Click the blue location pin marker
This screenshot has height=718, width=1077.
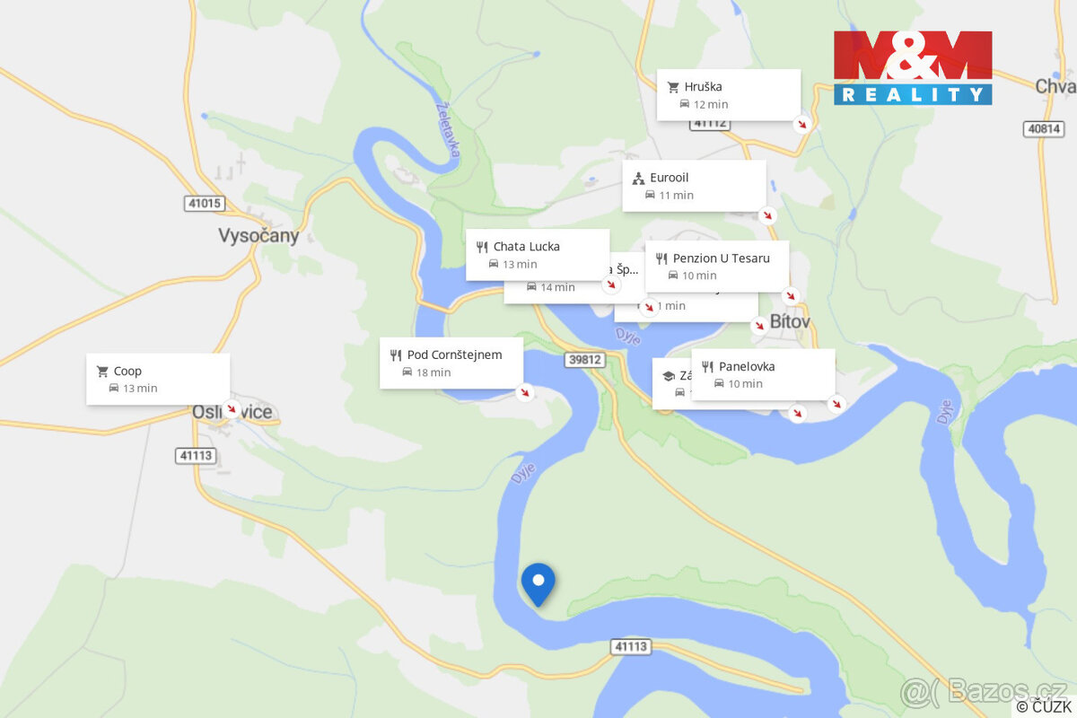pos(538,583)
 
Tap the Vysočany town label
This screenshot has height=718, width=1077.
pos(258,236)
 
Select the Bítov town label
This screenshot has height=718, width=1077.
pos(790,322)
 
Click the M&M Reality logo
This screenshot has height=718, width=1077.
pos(913,68)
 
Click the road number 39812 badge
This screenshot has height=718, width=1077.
pos(585,360)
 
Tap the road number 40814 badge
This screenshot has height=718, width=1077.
pos(1044,129)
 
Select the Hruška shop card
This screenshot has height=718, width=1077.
pos(728,94)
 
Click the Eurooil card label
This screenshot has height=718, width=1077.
pos(670,178)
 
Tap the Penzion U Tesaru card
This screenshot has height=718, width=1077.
pos(716,266)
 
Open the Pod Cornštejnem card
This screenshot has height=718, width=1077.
pos(451,363)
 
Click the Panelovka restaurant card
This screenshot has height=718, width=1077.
pos(763,374)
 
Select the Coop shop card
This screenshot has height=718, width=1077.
pos(158,379)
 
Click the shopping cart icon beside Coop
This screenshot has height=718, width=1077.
pos(102,372)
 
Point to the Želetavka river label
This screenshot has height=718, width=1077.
pos(448,128)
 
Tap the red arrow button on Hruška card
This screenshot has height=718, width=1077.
pos(803,124)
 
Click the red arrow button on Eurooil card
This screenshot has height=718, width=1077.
pos(767,215)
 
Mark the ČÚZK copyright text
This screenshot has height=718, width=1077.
pos(1044,707)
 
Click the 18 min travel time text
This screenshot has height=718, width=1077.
pos(433,372)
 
